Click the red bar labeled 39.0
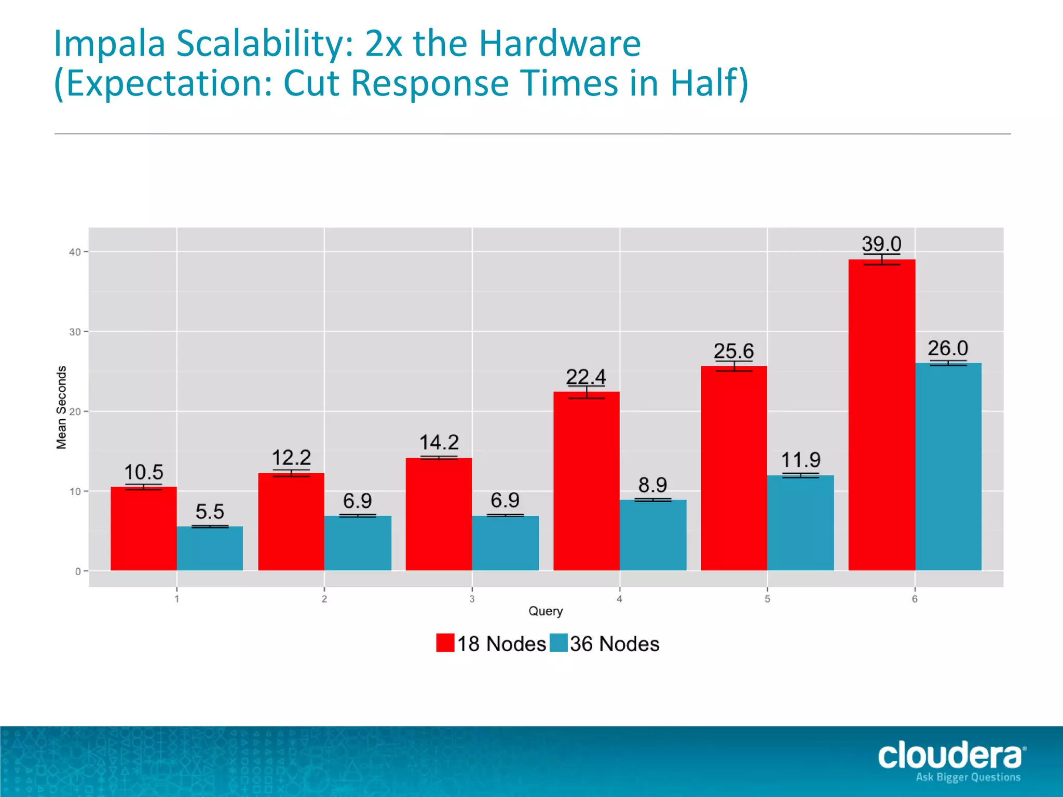(881, 415)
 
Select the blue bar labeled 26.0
(948, 467)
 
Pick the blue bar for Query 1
(210, 548)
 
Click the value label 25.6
(733, 351)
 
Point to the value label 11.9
(800, 460)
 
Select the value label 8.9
(652, 485)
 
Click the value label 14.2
(439, 443)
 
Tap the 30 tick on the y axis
(75, 332)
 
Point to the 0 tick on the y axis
(78, 571)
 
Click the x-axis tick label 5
(767, 599)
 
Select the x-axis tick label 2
(324, 599)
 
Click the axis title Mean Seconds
(62, 407)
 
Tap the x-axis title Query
(546, 611)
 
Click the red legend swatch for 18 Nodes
(445, 643)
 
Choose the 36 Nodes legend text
(615, 644)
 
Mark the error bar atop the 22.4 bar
(587, 392)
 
